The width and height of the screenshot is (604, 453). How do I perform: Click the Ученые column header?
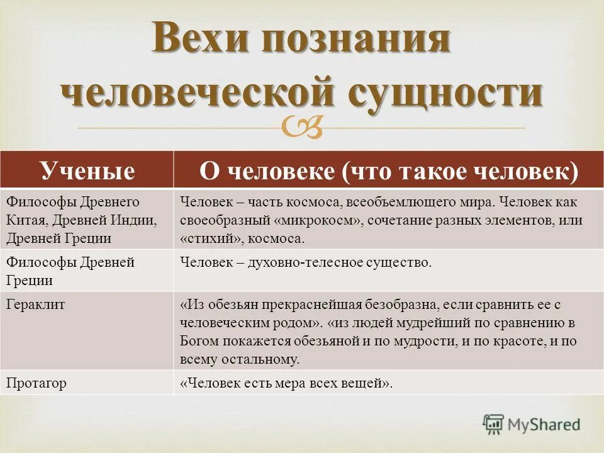click(x=87, y=171)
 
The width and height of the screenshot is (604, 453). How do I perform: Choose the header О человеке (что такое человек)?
click(x=388, y=171)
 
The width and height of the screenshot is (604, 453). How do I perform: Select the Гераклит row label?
click(x=36, y=305)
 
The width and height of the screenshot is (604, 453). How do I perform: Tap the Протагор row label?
click(x=36, y=383)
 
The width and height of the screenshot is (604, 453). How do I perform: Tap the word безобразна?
click(x=406, y=305)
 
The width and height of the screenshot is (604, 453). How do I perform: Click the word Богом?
click(x=200, y=342)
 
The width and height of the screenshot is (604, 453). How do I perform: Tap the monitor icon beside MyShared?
click(x=494, y=425)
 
